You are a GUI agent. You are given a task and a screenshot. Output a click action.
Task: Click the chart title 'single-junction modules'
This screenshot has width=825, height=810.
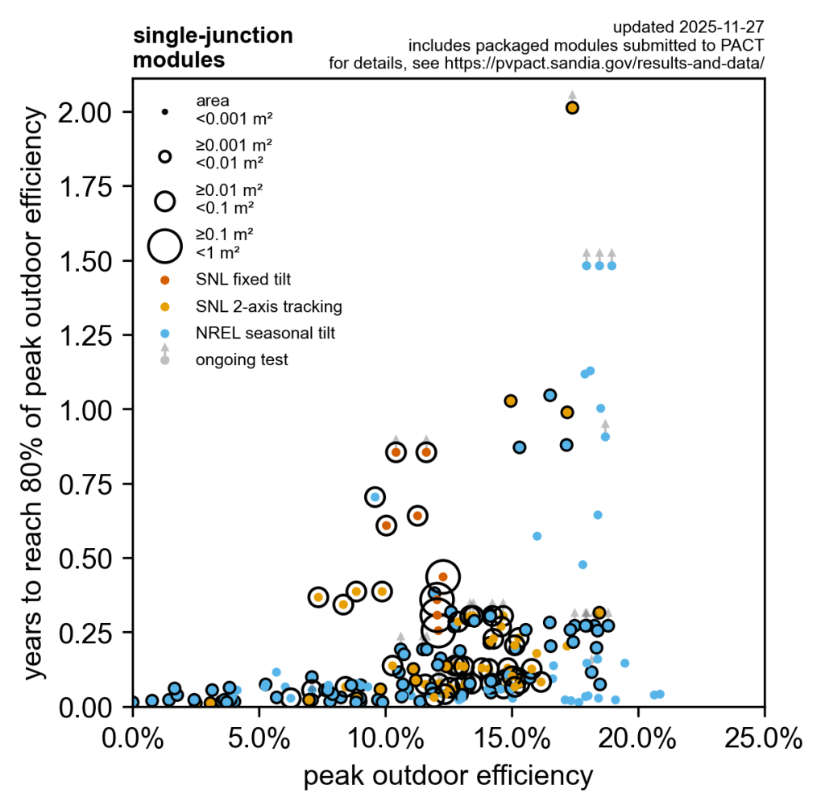(x=212, y=48)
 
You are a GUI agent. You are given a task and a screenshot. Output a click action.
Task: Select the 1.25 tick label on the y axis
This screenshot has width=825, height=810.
(x=94, y=335)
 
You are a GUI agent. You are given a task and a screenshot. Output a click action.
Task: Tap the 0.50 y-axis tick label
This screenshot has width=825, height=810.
(x=94, y=559)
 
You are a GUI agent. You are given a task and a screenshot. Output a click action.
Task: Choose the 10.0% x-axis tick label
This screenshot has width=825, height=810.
(x=385, y=737)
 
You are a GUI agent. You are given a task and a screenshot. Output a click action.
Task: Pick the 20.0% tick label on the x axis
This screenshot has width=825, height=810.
(x=638, y=737)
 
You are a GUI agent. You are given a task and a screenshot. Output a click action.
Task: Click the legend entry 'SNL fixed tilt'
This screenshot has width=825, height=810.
(x=243, y=280)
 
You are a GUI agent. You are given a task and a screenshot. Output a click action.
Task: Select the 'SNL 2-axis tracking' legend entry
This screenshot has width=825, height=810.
(x=268, y=306)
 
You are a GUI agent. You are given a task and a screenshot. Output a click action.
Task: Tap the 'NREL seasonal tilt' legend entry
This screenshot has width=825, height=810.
(x=265, y=333)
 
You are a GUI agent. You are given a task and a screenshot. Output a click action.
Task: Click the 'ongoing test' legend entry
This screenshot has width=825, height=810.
(x=241, y=359)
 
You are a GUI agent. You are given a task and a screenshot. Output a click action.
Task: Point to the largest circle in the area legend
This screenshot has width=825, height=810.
(x=165, y=245)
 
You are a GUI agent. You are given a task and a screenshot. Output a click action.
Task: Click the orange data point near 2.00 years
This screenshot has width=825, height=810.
(x=572, y=107)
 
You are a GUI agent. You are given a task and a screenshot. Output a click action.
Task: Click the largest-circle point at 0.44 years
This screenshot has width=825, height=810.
(x=442, y=576)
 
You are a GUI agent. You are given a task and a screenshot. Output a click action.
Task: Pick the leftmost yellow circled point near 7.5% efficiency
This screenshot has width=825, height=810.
(x=318, y=597)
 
